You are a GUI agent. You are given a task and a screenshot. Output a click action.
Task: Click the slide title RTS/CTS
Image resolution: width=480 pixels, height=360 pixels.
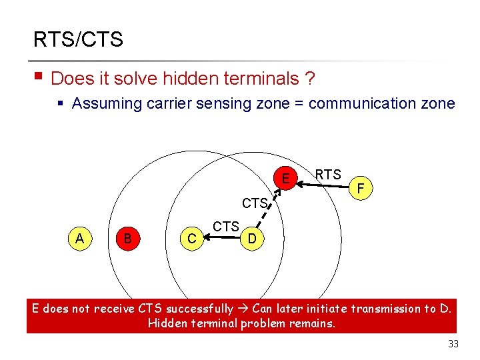click(x=78, y=39)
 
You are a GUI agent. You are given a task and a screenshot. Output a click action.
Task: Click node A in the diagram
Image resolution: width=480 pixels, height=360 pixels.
click(x=79, y=238)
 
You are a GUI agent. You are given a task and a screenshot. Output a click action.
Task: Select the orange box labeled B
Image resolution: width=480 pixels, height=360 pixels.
click(x=127, y=238)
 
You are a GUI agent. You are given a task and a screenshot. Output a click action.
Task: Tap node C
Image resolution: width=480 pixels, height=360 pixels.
click(x=191, y=238)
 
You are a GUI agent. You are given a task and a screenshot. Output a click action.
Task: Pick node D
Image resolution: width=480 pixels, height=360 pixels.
click(x=251, y=238)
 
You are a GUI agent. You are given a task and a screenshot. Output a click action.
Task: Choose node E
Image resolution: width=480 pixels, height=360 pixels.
click(x=285, y=179)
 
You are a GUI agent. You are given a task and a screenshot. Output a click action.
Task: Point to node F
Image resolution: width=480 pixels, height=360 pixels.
click(x=360, y=189)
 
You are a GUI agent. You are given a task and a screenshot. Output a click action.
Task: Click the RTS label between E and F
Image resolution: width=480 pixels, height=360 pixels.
click(x=328, y=175)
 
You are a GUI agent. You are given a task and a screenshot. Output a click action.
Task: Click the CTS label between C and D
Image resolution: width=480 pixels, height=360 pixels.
click(x=226, y=227)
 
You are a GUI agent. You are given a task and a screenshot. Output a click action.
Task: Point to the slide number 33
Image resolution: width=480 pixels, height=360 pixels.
click(x=454, y=344)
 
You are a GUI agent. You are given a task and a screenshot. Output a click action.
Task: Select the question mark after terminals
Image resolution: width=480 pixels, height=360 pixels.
click(x=310, y=79)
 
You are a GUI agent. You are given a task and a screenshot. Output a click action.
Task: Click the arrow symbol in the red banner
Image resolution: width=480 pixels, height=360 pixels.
click(x=244, y=309)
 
